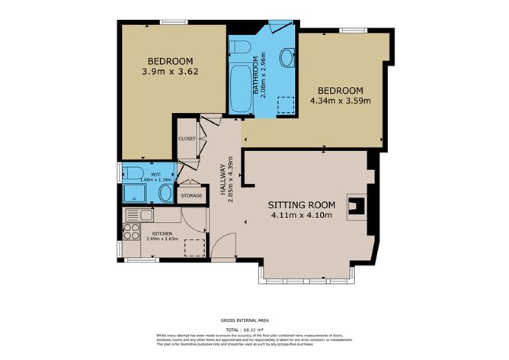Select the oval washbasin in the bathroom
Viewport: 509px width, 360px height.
(x=287, y=57)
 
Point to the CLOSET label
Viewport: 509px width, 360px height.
(x=187, y=139)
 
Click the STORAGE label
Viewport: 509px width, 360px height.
(x=191, y=195)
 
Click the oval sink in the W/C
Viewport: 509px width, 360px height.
(x=166, y=192)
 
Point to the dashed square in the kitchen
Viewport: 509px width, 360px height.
(x=194, y=248)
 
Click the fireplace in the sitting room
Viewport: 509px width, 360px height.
(x=356, y=204)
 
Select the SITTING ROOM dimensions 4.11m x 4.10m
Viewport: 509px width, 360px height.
(x=301, y=216)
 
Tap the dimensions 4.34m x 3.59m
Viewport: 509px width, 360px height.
(x=341, y=100)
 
